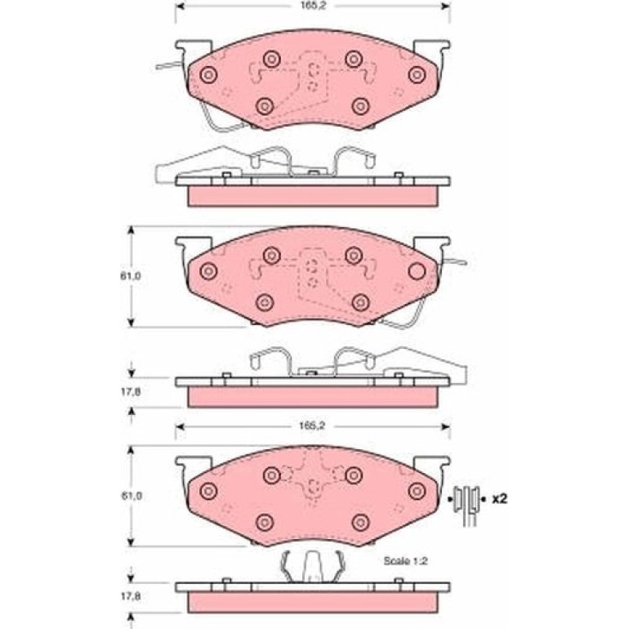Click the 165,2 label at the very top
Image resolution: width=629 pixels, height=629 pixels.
312,6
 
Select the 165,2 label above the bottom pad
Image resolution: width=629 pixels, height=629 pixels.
312,426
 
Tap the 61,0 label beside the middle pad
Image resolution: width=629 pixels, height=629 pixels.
131,276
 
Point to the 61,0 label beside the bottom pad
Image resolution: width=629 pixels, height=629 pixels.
131,496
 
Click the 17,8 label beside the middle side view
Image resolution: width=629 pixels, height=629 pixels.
131,392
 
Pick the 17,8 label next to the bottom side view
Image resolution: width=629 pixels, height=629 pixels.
131,596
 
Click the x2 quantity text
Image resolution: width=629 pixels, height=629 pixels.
500,499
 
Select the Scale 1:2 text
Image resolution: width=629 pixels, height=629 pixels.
405,561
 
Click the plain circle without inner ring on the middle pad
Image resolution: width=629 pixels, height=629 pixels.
417,271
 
